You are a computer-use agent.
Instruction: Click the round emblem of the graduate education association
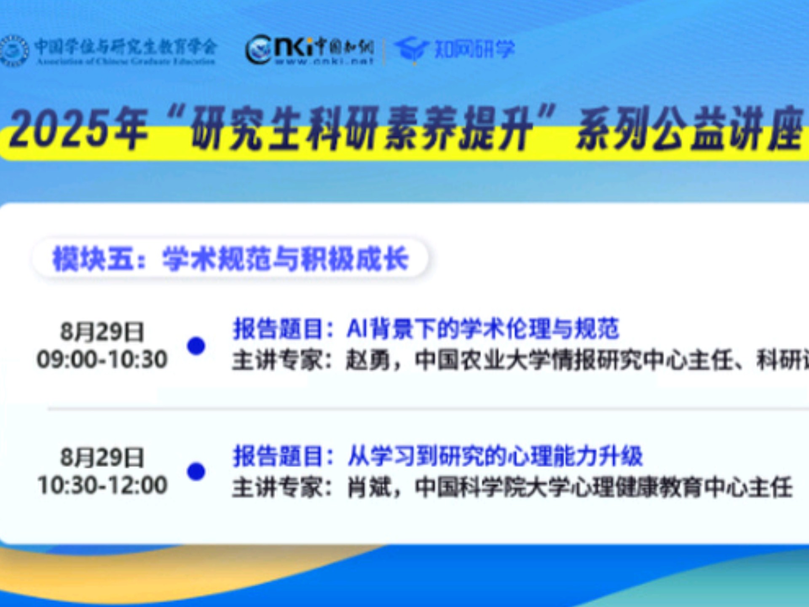[x=13, y=51]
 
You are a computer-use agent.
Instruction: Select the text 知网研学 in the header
[x=474, y=49]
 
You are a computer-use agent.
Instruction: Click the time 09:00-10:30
[x=102, y=360]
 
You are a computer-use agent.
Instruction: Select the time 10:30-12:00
[x=102, y=485]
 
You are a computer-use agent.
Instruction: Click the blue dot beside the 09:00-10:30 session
[x=196, y=346]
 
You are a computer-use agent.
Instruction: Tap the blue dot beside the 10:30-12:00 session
[x=196, y=471]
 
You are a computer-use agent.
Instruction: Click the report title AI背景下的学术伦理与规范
[x=483, y=329]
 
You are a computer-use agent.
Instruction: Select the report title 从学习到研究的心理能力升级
[x=495, y=456]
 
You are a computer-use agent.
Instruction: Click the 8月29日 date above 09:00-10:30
[x=102, y=332]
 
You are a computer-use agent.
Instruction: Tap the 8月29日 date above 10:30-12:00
[x=102, y=457]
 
